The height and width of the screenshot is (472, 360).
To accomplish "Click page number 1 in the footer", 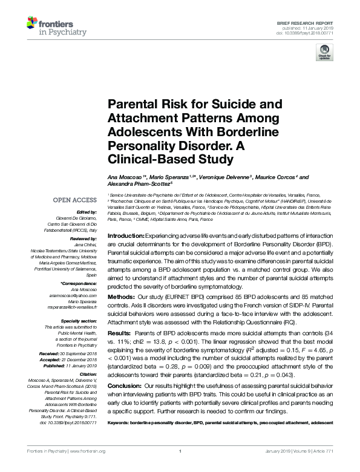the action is (x=180, y=468).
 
